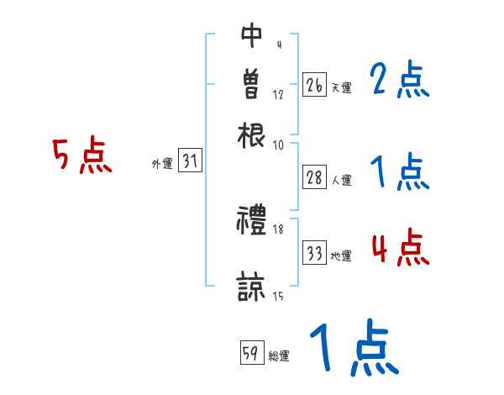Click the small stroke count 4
pos(278,45)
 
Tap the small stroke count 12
pos(278,94)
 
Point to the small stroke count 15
pos(278,296)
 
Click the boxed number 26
pos(314,86)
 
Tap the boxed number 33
pos(314,253)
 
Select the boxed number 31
pos(191,161)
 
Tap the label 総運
pos(279,355)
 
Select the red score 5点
pos(81,155)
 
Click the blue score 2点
pos(399,81)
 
